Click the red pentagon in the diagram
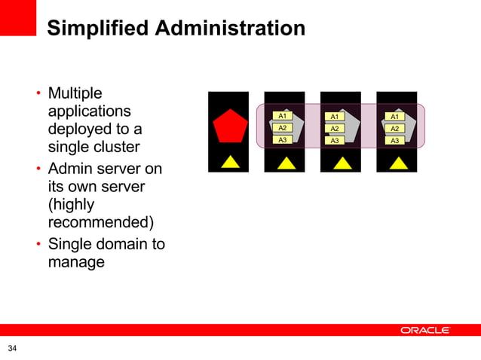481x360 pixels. pyautogui.click(x=229, y=127)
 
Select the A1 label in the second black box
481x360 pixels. pyautogui.click(x=283, y=116)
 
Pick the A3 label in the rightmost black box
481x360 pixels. pyautogui.click(x=394, y=140)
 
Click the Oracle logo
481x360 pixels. pyautogui.click(x=425, y=330)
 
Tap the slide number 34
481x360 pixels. pyautogui.click(x=12, y=348)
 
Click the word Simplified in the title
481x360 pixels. pyautogui.click(x=96, y=29)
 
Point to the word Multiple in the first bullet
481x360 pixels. pyautogui.click(x=75, y=94)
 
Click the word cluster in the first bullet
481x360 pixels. pyautogui.click(x=114, y=146)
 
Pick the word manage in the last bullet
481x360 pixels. pyautogui.click(x=76, y=263)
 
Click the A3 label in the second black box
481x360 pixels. pyautogui.click(x=283, y=139)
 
